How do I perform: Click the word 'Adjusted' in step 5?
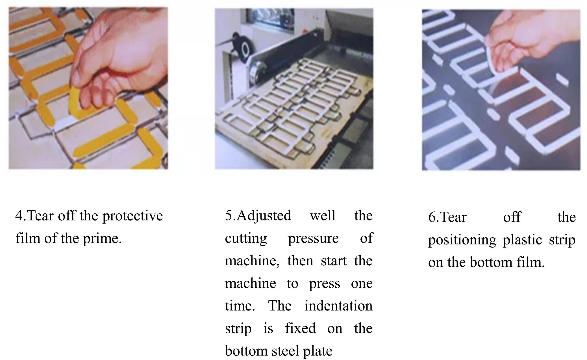tap(263, 216)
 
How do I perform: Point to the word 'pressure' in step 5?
tap(313, 238)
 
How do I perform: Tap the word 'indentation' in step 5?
tap(338, 306)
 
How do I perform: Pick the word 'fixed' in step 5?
tap(300, 329)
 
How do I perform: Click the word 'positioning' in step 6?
tap(462, 240)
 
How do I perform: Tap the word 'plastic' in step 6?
tap(522, 240)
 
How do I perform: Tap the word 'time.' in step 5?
tap(240, 306)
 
